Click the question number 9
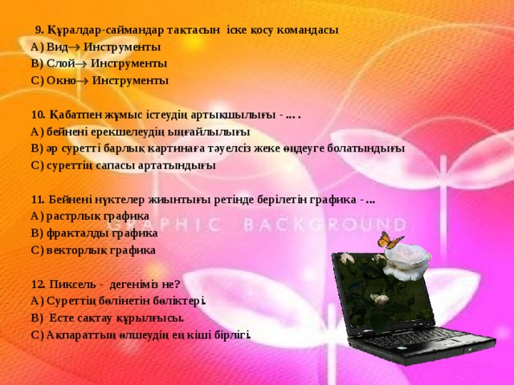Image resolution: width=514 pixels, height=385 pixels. click(39, 30)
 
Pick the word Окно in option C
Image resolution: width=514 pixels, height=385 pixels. click(61, 81)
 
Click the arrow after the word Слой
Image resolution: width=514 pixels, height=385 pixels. click(83, 63)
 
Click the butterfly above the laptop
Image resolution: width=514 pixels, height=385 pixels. click(390, 239)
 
